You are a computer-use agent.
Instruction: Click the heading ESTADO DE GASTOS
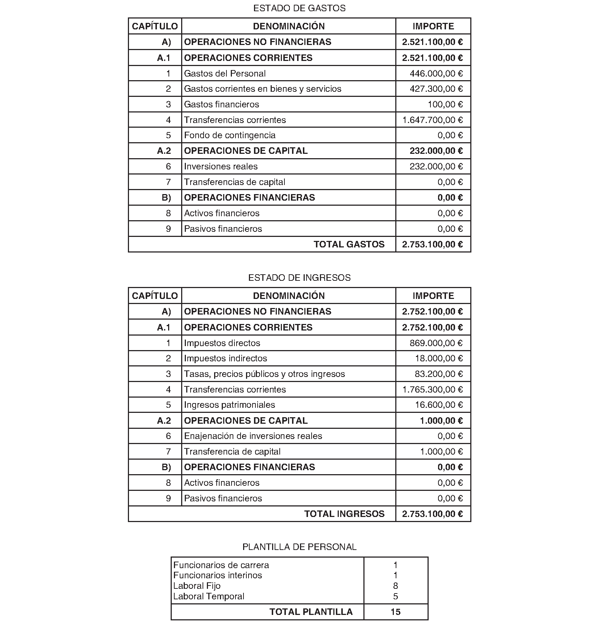[299, 8]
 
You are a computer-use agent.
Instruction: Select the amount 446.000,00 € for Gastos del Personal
[436, 74]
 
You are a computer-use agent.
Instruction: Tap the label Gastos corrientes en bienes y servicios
[262, 89]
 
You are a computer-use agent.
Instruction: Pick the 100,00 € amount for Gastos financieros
[445, 104]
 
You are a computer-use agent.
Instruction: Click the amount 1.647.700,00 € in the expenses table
[432, 120]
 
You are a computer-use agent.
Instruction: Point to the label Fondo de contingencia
[229, 135]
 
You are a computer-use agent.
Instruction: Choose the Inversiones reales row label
[221, 167]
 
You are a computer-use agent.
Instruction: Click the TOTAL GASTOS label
[349, 244]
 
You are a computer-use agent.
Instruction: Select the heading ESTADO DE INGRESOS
[299, 278]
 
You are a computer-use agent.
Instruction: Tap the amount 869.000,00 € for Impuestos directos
[436, 343]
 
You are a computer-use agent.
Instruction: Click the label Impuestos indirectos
[225, 358]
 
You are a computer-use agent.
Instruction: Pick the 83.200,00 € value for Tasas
[438, 374]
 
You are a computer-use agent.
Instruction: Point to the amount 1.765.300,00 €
[432, 390]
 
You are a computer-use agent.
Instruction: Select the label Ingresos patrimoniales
[229, 405]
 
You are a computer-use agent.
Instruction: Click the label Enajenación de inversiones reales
[253, 436]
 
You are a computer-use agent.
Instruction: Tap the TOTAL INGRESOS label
[344, 514]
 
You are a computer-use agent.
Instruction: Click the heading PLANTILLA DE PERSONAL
[299, 547]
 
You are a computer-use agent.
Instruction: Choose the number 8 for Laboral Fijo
[395, 586]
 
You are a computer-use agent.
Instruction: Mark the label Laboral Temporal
[209, 596]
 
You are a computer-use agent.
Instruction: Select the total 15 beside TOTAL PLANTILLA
[395, 612]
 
